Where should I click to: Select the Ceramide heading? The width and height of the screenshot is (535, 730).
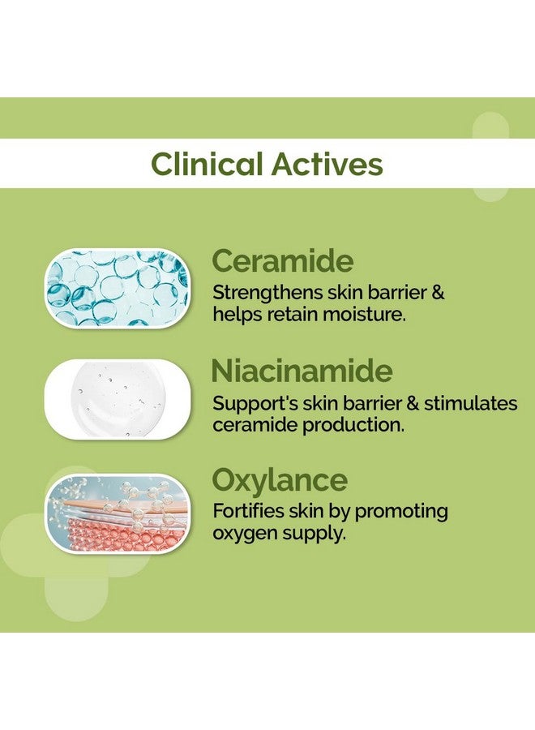(283, 262)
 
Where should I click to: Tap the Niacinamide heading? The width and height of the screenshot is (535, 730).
(302, 371)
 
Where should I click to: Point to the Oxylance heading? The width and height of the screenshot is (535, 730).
(280, 480)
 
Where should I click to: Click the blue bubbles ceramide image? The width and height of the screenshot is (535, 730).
(118, 289)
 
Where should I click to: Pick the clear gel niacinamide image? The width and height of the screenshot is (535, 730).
(118, 400)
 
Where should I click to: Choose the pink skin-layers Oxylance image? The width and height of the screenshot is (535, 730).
(118, 513)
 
